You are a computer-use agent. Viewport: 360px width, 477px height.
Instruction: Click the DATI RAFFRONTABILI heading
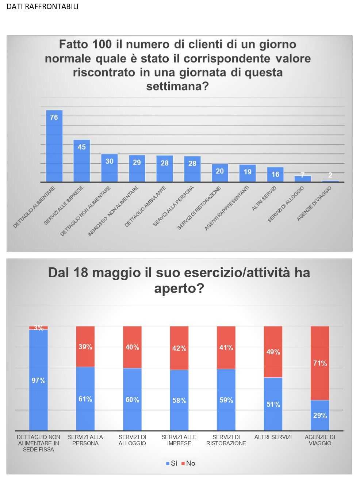(x=42, y=7)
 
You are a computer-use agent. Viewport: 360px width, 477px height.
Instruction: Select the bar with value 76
(x=54, y=146)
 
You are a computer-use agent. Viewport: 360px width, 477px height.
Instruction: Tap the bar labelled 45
(x=81, y=161)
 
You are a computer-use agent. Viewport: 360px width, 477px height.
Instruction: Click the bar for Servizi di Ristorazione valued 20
(x=220, y=173)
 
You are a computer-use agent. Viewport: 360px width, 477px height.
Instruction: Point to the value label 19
(x=248, y=172)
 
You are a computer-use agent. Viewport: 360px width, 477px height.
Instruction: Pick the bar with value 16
(x=275, y=175)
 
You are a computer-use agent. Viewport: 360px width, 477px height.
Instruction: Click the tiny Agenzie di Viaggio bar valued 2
(x=330, y=181)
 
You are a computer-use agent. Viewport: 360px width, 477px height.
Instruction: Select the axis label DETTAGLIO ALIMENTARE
(x=34, y=207)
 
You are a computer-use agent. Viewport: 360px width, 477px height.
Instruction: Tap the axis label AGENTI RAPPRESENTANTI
(x=227, y=208)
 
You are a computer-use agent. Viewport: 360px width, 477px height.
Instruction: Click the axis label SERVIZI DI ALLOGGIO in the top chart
(x=286, y=204)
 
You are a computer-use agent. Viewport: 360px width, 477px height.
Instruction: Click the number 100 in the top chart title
(x=102, y=44)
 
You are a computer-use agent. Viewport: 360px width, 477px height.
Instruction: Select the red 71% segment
(x=320, y=363)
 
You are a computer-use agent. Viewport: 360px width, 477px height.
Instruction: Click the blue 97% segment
(x=38, y=380)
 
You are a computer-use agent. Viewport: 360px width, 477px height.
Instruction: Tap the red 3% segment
(x=38, y=328)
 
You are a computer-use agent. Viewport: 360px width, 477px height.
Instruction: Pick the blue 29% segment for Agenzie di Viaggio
(x=320, y=415)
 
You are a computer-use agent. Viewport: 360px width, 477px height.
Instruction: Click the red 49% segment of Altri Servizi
(x=273, y=352)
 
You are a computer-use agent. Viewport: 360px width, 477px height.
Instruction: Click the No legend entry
(x=188, y=463)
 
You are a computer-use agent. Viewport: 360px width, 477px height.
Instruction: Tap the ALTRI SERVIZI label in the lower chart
(x=273, y=437)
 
